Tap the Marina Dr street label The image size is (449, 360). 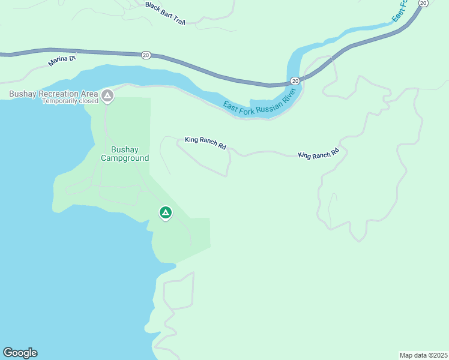pyautogui.click(x=62, y=59)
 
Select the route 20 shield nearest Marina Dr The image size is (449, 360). pyautogui.click(x=146, y=55)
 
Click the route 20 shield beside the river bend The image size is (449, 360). pyautogui.click(x=295, y=80)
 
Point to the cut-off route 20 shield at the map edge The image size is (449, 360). pyautogui.click(x=423, y=3)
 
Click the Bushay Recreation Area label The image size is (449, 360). pyautogui.click(x=53, y=94)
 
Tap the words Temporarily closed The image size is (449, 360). pyautogui.click(x=70, y=101)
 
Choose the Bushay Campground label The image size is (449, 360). pyautogui.click(x=125, y=154)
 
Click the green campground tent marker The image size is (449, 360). pyautogui.click(x=166, y=212)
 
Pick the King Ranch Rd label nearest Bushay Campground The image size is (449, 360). pyautogui.click(x=205, y=143)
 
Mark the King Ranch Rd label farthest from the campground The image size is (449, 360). pyautogui.click(x=319, y=154)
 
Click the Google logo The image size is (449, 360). pyautogui.click(x=20, y=353)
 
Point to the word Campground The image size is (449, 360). pyautogui.click(x=125, y=158)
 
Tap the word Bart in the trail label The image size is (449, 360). pyautogui.click(x=167, y=13)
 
